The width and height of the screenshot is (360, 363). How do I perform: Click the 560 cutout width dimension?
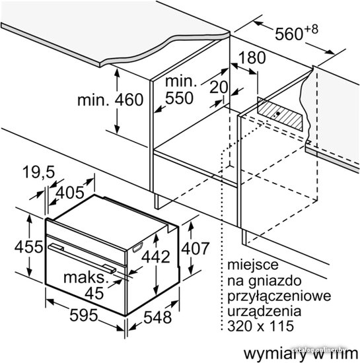point(297,32)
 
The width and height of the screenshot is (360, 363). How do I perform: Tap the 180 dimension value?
point(252,57)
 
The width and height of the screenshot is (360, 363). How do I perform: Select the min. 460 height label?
point(110,100)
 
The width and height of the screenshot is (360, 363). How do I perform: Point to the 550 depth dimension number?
point(179,98)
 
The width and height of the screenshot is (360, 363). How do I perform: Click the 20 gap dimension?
point(219,87)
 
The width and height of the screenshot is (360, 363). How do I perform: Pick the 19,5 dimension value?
point(39,172)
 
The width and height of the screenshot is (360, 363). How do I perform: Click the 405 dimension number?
point(70,192)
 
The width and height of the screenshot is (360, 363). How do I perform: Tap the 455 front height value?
point(28,247)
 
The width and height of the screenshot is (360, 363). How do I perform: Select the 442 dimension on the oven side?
point(156,257)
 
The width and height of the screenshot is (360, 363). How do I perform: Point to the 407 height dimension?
point(196,248)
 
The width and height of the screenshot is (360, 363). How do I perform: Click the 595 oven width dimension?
point(84,315)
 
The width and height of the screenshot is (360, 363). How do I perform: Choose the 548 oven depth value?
point(157,317)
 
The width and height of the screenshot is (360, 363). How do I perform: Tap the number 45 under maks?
point(94,293)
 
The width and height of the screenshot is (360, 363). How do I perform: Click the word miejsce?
point(253,265)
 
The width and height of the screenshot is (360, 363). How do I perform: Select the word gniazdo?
point(275,280)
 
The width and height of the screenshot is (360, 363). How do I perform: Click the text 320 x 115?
point(261,326)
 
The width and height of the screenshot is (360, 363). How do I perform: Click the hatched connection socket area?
point(280,114)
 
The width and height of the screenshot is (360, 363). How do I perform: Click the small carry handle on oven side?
point(137,247)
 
